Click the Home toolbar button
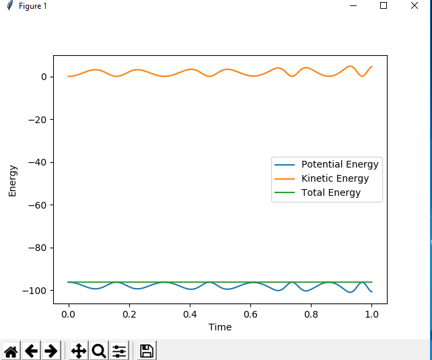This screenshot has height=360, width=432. pyautogui.click(x=11, y=351)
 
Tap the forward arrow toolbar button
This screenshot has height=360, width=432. pyautogui.click(x=50, y=351)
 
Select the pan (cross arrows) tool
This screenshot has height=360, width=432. pyautogui.click(x=78, y=351)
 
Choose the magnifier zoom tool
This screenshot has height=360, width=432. pyautogui.click(x=98, y=351)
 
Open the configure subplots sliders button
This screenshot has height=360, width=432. pyautogui.click(x=119, y=351)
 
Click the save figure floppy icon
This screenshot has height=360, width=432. pyautogui.click(x=147, y=351)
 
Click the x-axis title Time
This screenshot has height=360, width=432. pyautogui.click(x=220, y=327)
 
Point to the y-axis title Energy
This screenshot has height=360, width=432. pyautogui.click(x=12, y=180)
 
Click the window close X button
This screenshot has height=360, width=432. pyautogui.click(x=415, y=5)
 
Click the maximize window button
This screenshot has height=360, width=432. pyautogui.click(x=384, y=5)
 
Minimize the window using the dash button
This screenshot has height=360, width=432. pyautogui.click(x=353, y=5)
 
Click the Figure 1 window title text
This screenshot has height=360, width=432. pyautogui.click(x=33, y=6)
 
